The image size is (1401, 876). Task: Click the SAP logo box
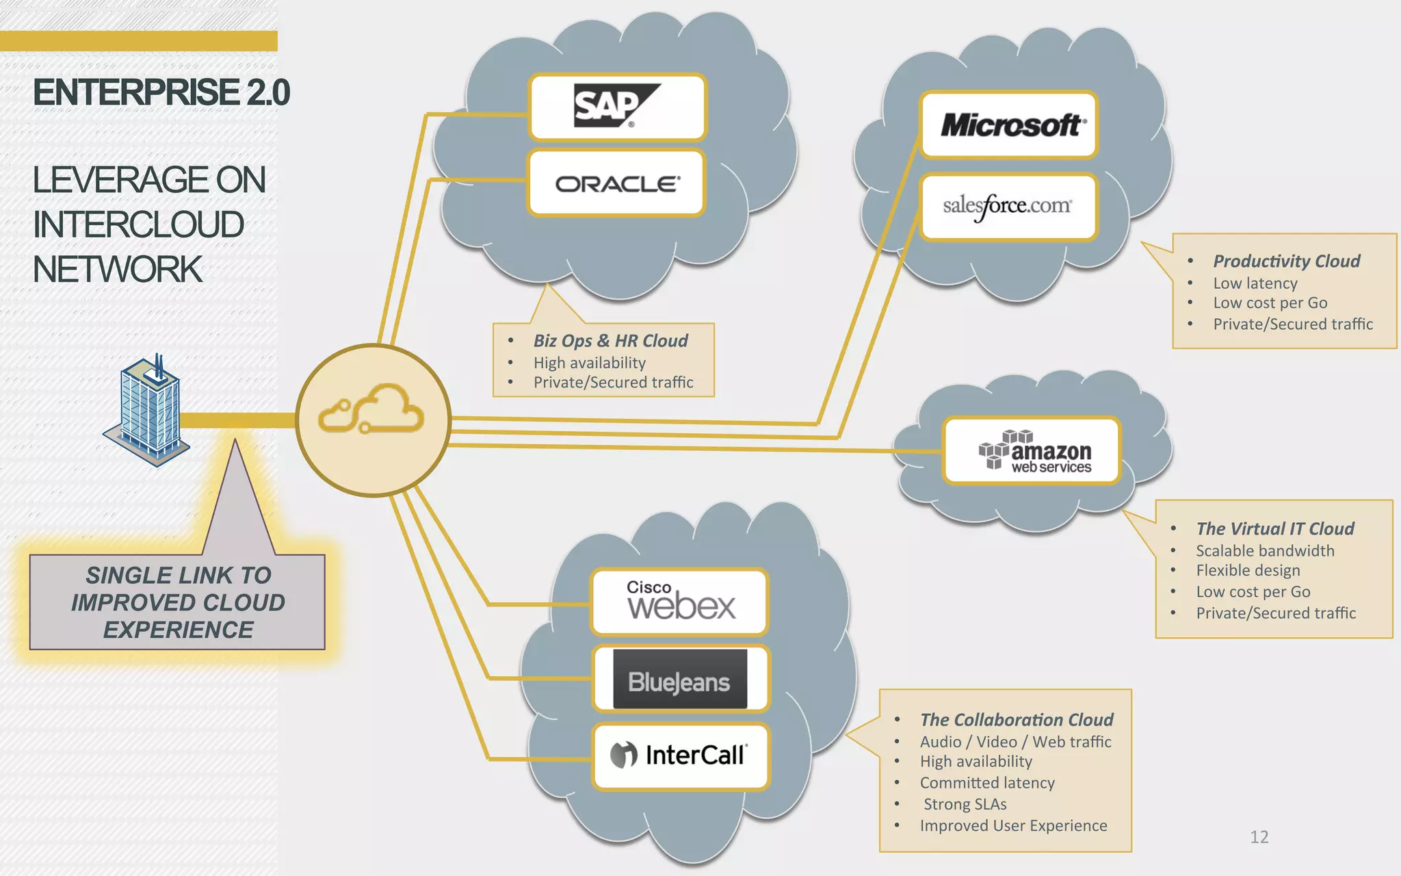617,107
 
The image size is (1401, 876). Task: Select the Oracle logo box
616,183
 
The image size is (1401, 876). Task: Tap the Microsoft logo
1009,125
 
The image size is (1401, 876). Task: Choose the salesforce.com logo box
1008,206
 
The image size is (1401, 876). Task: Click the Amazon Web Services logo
1032,451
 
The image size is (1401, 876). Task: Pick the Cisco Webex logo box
679,602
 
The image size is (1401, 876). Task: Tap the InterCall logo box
681,756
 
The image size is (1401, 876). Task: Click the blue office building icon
146,412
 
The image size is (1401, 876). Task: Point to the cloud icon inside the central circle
371,409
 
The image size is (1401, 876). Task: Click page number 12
1259,837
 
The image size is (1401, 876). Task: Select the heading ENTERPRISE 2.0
161,92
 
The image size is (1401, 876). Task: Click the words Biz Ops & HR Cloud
610,341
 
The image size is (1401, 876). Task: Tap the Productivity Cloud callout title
1286,261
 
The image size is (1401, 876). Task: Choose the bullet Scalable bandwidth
1265,551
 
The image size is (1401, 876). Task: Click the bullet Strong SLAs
965,804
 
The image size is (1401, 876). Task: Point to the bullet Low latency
1255,283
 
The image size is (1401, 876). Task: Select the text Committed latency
986,783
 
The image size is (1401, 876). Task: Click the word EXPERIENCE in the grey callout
178,630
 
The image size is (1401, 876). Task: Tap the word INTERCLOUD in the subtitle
138,224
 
